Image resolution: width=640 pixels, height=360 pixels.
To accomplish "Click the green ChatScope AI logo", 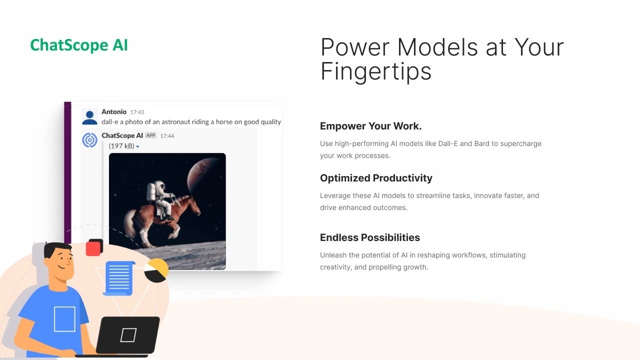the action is point(79,45).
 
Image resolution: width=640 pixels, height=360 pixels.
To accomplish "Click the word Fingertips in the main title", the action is point(375,72).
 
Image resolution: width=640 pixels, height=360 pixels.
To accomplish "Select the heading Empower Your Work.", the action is point(370,126).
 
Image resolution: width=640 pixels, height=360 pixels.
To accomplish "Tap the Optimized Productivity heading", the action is point(376,178).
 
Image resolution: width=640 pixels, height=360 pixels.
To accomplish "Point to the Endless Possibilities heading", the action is point(369,237).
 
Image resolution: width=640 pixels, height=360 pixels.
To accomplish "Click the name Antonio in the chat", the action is point(113,111).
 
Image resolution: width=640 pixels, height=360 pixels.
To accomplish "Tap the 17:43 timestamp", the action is point(137,112).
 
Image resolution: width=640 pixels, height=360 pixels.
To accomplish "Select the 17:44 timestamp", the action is point(167,136).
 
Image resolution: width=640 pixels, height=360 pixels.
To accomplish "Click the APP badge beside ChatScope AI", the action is point(150,135).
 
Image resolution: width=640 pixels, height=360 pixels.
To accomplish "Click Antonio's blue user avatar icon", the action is point(89,117).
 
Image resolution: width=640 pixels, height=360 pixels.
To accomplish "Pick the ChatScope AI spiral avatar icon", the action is point(89,140).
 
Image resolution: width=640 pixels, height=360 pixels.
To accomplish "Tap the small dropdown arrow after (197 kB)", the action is point(137,146).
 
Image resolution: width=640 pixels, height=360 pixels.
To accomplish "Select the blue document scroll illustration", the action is point(119,278).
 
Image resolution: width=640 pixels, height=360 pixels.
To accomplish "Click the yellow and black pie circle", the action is point(156,270).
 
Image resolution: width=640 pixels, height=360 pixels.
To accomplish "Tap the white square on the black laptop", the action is point(128,335).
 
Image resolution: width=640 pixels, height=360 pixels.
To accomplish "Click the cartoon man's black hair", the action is point(56,248).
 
